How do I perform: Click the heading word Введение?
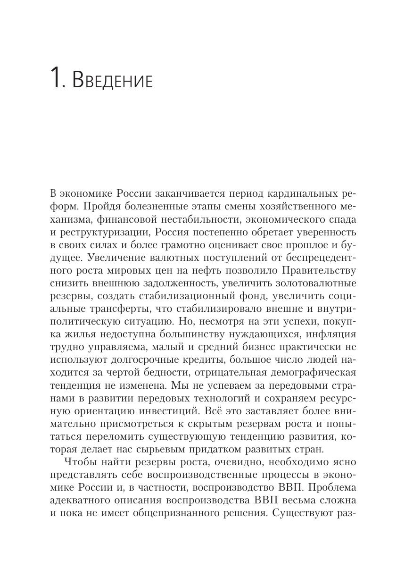tap(113, 80)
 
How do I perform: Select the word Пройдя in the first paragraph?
tap(94, 206)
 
